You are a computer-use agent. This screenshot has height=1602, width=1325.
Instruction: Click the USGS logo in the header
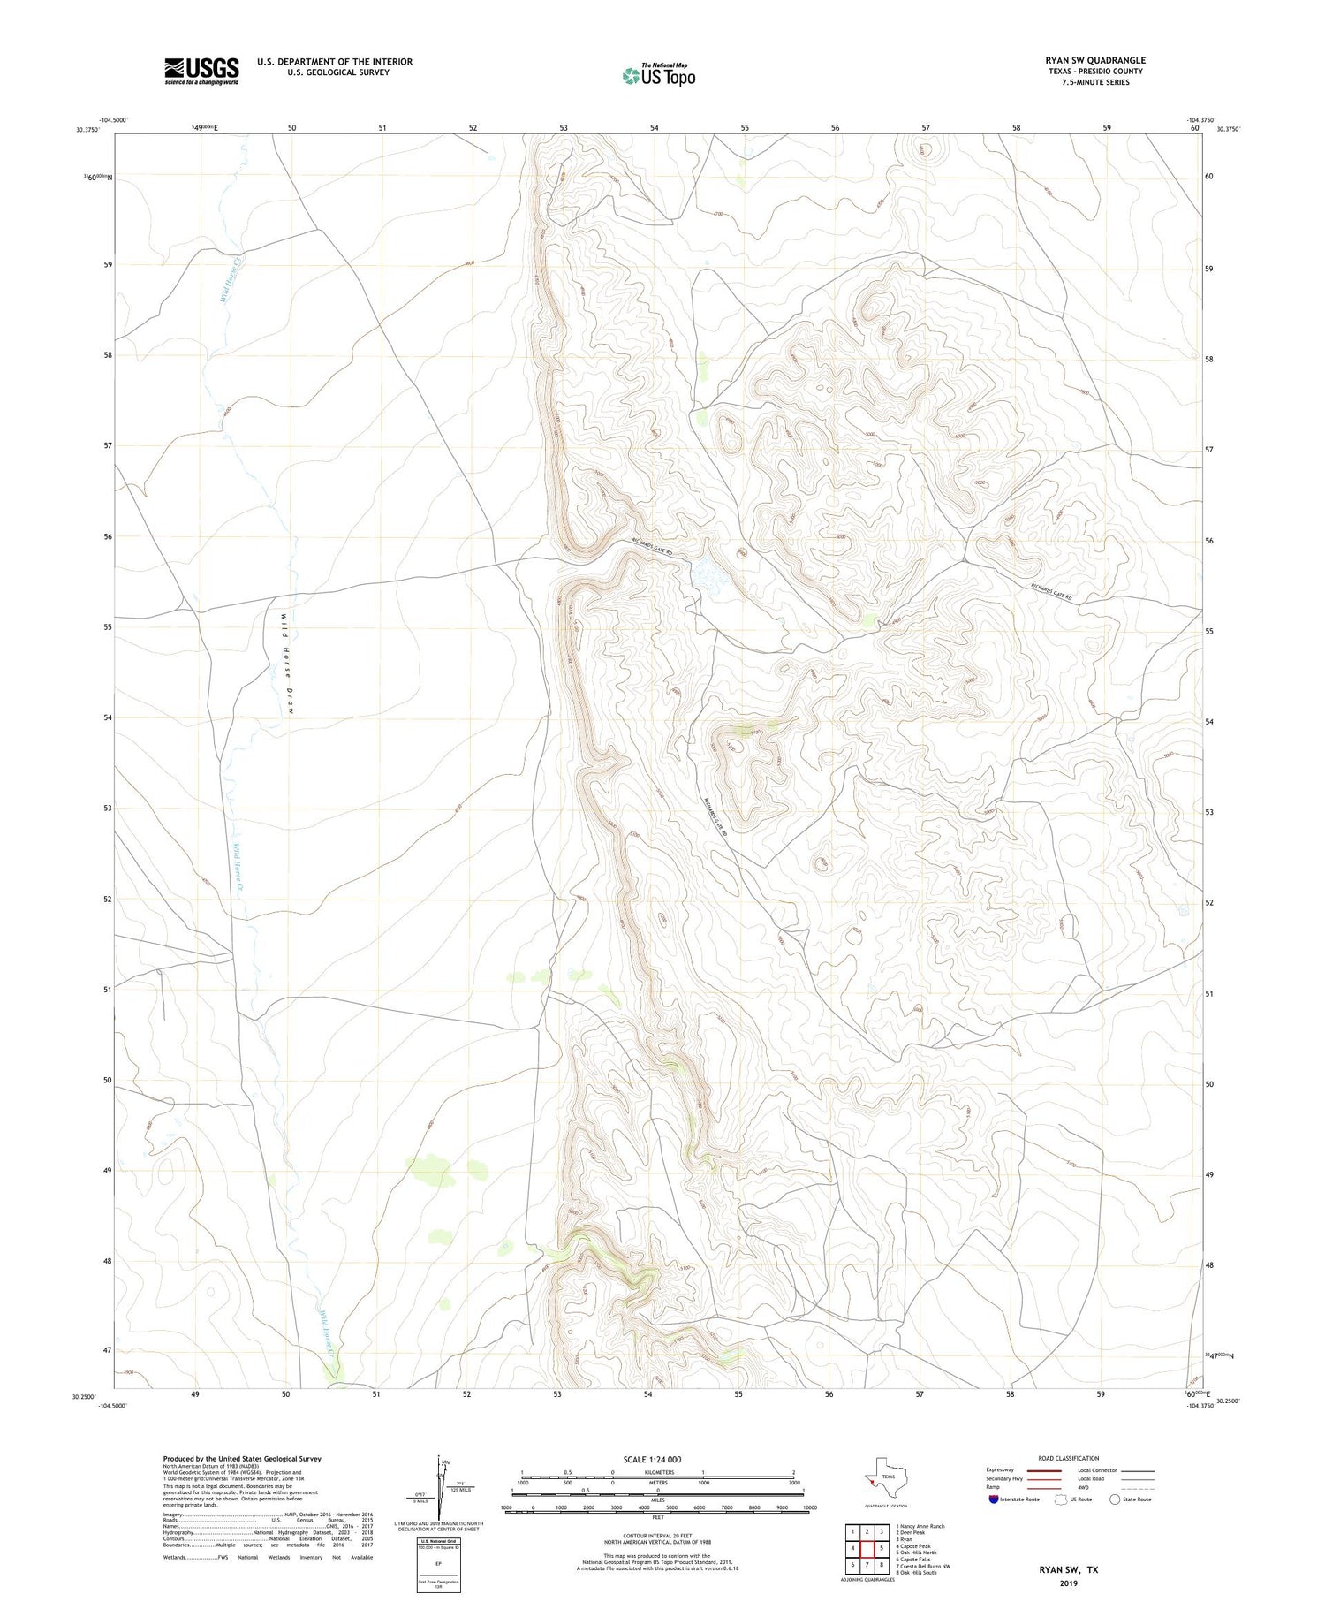pos(201,71)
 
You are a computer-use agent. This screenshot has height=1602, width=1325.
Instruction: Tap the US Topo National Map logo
pos(658,75)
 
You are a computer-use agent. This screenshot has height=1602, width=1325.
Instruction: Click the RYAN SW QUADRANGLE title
pos(1095,60)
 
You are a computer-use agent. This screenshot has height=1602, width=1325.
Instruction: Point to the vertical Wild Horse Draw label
pos(287,663)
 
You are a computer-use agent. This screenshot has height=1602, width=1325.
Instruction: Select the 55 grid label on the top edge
pos(745,128)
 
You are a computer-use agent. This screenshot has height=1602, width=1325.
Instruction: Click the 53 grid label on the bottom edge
pos(557,1394)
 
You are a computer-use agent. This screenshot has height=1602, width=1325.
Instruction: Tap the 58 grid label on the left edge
pos(106,355)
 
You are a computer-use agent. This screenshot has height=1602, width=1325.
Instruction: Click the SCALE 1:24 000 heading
pos(658,1459)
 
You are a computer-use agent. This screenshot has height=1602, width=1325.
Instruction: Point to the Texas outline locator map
pos(883,1475)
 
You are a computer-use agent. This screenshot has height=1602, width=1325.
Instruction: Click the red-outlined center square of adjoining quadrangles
pos(867,1548)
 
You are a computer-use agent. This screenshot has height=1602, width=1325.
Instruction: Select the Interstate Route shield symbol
pos(994,1500)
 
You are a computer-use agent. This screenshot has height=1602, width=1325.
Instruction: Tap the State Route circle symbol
pos(1115,1500)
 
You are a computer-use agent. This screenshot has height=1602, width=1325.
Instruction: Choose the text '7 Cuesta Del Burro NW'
pos(922,1567)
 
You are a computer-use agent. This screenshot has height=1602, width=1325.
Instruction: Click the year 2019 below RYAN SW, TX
pos(1068,1583)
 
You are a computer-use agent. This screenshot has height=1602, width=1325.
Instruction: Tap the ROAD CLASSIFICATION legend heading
pos(1068,1458)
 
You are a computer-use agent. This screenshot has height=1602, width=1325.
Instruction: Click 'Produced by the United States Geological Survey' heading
pos(241,1459)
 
